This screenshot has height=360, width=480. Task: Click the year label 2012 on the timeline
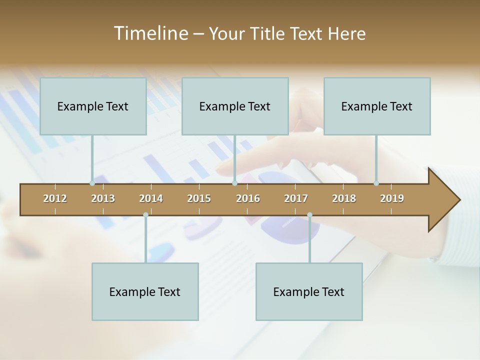coord(55,198)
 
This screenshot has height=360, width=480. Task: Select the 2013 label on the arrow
coord(103,198)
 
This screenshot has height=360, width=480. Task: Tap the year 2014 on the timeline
coord(151,198)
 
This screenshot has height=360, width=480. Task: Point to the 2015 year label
coord(199,198)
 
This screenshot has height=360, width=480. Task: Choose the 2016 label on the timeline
coord(248,198)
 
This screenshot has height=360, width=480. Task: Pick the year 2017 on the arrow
coord(296,198)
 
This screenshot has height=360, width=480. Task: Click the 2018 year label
coord(344,198)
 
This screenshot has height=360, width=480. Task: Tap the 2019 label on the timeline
coord(392,198)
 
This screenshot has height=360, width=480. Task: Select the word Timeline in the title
coord(150,33)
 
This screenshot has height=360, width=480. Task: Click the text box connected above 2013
coord(93,106)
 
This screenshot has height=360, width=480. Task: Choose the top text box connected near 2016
coord(235,106)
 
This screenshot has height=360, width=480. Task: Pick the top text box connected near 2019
coord(377,106)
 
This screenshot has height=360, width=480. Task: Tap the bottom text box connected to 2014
coord(145,291)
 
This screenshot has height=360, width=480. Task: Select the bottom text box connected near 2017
coord(309,291)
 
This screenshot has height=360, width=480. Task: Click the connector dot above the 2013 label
coord(92,183)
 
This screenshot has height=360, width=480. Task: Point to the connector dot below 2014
coord(145,215)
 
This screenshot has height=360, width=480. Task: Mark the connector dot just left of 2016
coord(234,183)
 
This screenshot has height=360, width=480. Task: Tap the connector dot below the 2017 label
coord(309,215)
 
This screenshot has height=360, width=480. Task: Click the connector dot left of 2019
coord(376,183)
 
